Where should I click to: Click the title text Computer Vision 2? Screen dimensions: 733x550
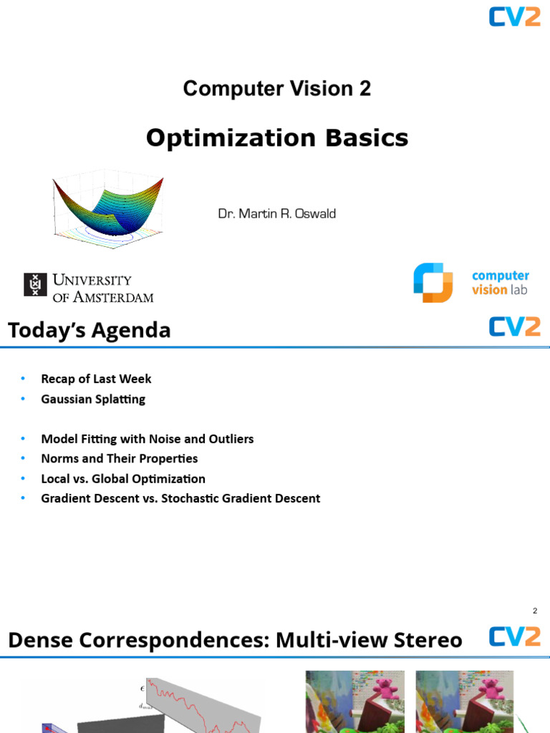[276, 89]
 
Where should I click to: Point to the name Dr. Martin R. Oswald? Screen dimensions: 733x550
[276, 214]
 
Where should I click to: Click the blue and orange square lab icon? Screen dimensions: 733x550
[433, 283]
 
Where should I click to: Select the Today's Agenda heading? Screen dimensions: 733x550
[90, 331]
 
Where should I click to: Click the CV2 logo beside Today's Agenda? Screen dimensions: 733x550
[514, 326]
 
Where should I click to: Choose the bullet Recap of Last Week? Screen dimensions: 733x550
[96, 379]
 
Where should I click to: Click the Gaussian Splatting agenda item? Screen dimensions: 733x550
[93, 399]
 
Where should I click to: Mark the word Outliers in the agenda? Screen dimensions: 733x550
[228, 439]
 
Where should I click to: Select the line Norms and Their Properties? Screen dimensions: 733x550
[119, 458]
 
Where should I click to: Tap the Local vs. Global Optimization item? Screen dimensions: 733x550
[123, 478]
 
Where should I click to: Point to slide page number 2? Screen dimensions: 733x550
[535, 611]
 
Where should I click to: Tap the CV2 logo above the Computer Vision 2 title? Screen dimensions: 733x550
[514, 16]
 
